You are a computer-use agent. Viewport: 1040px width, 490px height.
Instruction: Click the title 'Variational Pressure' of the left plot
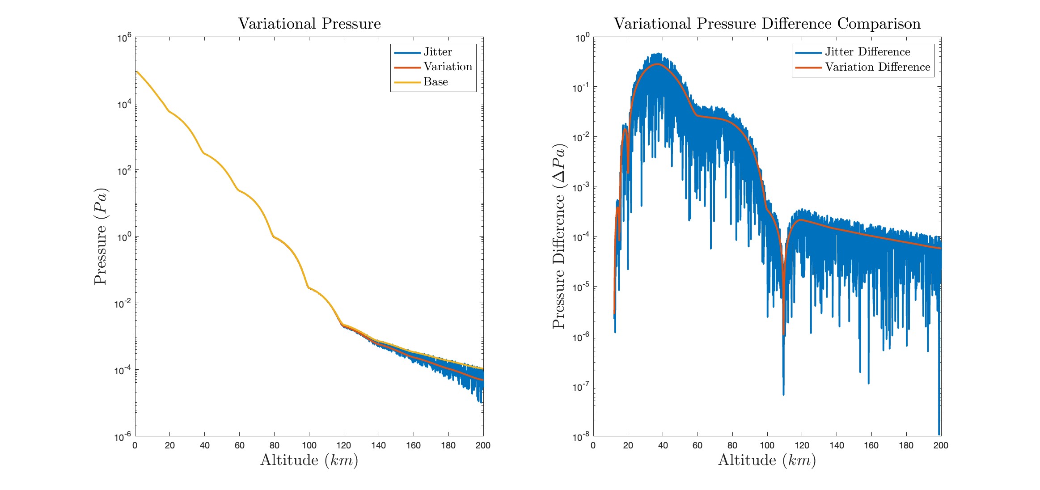(309, 24)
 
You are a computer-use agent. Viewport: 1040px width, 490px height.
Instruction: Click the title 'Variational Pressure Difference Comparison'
(767, 24)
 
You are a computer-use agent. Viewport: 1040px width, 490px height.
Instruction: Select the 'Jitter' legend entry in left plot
(437, 52)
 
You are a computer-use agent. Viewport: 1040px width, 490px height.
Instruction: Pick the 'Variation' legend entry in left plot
(448, 67)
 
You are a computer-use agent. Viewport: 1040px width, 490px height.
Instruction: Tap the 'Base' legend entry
(435, 82)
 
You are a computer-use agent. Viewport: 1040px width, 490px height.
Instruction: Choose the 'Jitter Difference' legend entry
(867, 52)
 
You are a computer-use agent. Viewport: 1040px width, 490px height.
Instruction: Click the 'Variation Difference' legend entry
(877, 67)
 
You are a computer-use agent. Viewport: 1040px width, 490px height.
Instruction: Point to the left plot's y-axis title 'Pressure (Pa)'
(101, 236)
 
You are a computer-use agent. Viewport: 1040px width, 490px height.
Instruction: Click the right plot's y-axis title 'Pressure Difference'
(559, 236)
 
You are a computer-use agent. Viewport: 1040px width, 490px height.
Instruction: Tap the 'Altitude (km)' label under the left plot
(309, 460)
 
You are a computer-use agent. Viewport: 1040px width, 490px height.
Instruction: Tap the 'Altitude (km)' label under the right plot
(767, 460)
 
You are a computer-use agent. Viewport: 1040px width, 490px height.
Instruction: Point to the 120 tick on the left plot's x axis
(344, 445)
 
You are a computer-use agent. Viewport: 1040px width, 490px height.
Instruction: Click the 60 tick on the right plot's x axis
(698, 445)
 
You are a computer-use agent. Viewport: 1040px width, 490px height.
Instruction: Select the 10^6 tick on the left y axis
(124, 38)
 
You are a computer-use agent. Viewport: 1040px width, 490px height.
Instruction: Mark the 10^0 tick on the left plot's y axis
(124, 237)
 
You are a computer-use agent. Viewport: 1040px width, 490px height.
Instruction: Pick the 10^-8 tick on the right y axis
(581, 437)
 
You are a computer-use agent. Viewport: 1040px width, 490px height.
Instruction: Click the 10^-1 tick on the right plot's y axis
(581, 88)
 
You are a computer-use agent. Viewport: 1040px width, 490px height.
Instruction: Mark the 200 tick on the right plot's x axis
(941, 445)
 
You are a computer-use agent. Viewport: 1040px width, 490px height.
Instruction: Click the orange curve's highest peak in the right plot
(657, 64)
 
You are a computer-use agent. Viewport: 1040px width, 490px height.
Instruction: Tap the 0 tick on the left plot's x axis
(135, 445)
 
